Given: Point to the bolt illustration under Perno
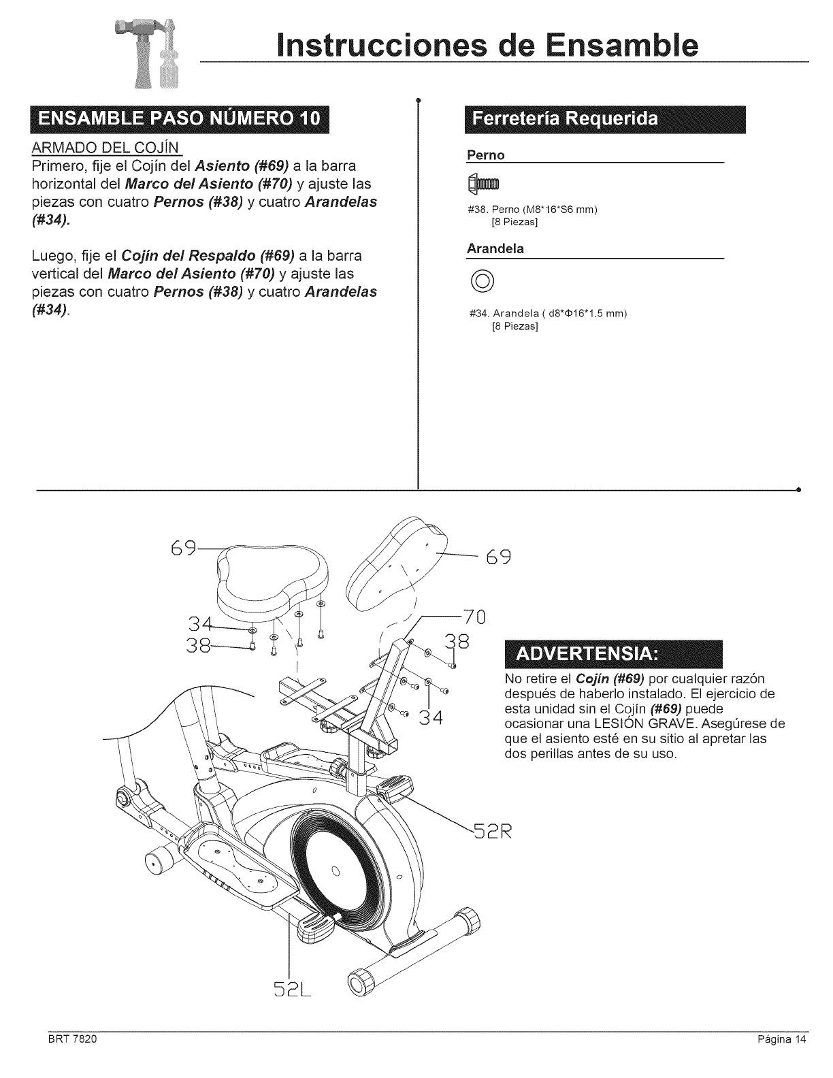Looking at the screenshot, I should (x=483, y=183).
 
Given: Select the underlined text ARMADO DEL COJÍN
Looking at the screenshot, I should (x=104, y=149).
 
